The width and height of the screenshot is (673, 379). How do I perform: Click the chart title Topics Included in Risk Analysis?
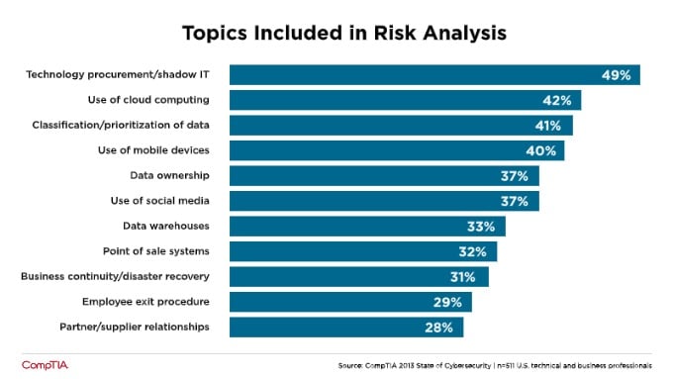coord(344,33)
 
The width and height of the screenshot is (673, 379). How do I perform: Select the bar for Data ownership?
coord(376,176)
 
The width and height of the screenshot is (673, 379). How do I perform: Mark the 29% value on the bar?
coord(452,302)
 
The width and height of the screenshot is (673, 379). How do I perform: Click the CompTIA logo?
coord(43,364)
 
